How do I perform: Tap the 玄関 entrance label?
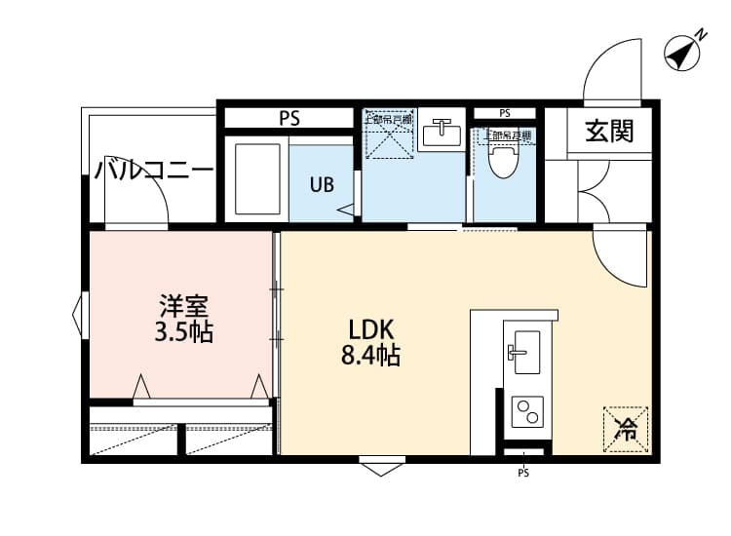tap(609, 131)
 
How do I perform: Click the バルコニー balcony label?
tap(154, 172)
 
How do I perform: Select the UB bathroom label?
tap(322, 183)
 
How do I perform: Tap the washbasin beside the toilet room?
tap(443, 132)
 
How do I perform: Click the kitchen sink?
tap(523, 346)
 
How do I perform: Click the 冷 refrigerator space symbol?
tap(627, 430)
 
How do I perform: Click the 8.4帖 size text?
tap(370, 356)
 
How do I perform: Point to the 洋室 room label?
tap(183, 305)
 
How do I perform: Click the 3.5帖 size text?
tap(183, 333)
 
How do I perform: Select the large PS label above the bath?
tap(289, 119)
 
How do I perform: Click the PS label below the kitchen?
tap(523, 475)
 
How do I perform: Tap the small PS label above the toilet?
tap(504, 113)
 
